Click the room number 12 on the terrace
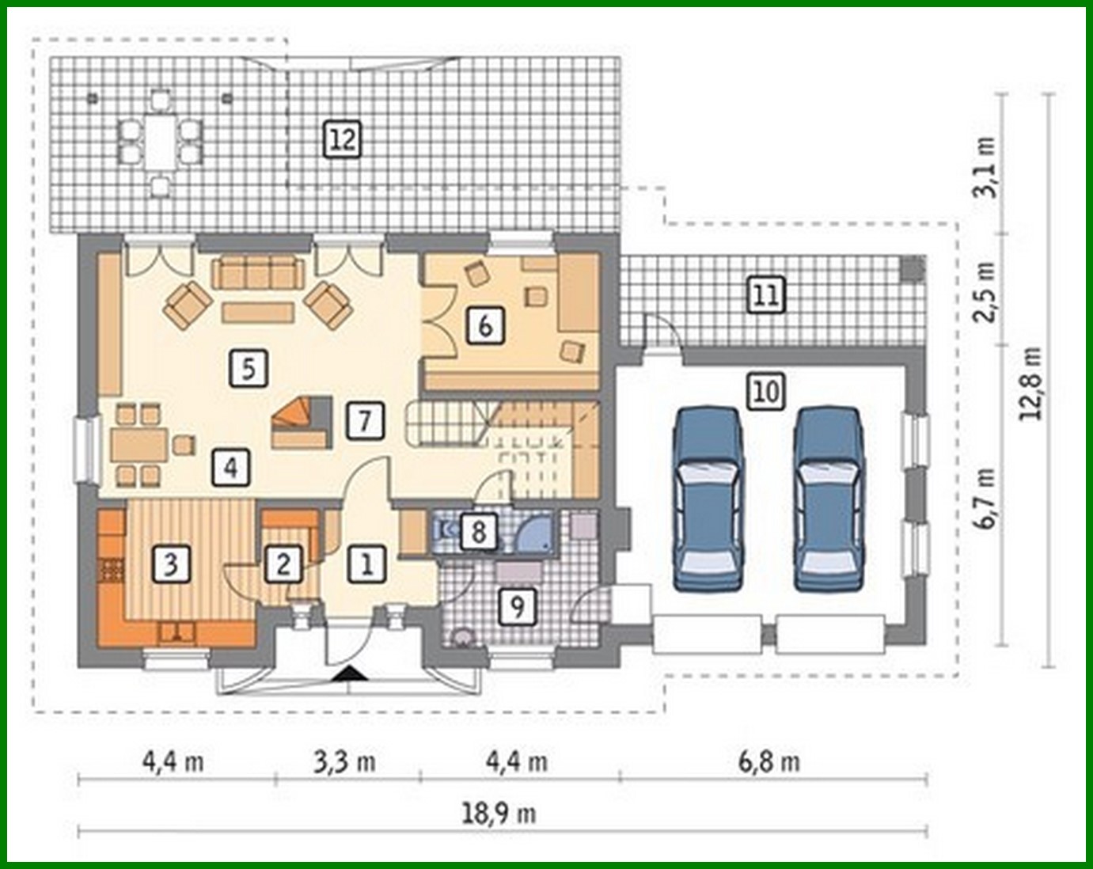click(342, 140)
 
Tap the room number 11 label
click(765, 295)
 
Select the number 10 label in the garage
click(765, 391)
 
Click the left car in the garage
click(708, 499)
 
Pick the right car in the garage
click(828, 499)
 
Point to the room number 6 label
click(485, 324)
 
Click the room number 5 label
click(249, 368)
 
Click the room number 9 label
click(517, 607)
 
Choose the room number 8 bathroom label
click(478, 531)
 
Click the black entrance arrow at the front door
click(349, 674)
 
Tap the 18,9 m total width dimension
click(499, 813)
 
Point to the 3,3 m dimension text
click(344, 761)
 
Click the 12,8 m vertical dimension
click(1031, 383)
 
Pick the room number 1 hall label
click(366, 564)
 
